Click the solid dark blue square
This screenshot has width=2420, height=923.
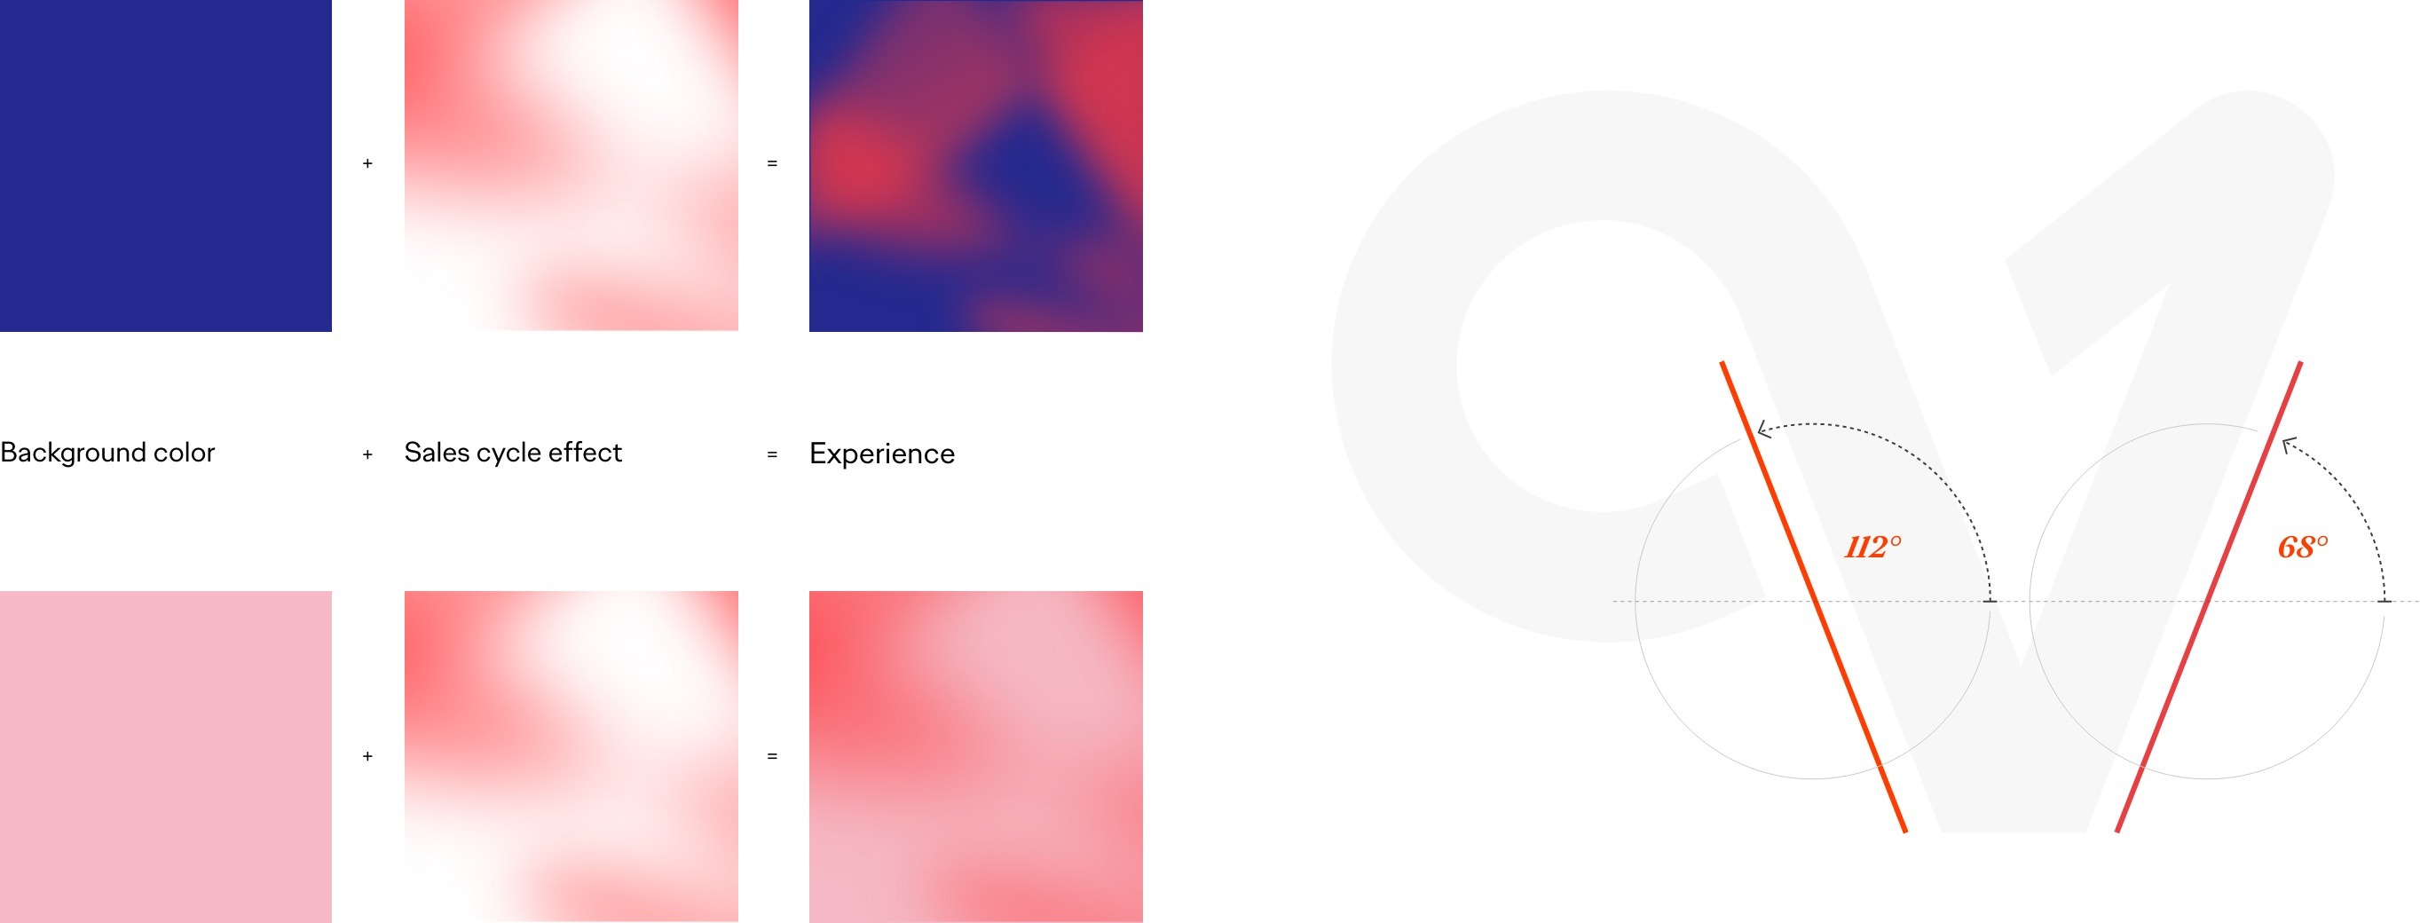pyautogui.click(x=165, y=165)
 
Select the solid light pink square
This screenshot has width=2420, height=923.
pyautogui.click(x=165, y=757)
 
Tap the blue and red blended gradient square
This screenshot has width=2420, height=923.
pyautogui.click(x=975, y=165)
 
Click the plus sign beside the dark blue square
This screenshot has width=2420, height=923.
pyautogui.click(x=367, y=163)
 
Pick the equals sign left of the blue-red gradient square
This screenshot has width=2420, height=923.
pyautogui.click(x=772, y=163)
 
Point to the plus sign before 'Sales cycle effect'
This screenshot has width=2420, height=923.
pyautogui.click(x=367, y=455)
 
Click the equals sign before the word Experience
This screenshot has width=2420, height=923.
pyautogui.click(x=772, y=455)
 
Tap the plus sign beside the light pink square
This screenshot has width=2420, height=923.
pyautogui.click(x=367, y=755)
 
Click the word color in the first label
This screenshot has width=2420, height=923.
pyautogui.click(x=184, y=453)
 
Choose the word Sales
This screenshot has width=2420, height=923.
pyautogui.click(x=437, y=453)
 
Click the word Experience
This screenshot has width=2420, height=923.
pyautogui.click(x=881, y=454)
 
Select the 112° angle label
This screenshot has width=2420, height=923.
pyautogui.click(x=1872, y=547)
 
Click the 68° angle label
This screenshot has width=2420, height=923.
pyautogui.click(x=2303, y=547)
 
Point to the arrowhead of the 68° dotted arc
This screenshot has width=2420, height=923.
pyautogui.click(x=2288, y=443)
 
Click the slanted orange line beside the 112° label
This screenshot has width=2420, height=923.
pyautogui.click(x=1813, y=597)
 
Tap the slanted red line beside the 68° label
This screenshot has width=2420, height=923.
pyautogui.click(x=2209, y=597)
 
